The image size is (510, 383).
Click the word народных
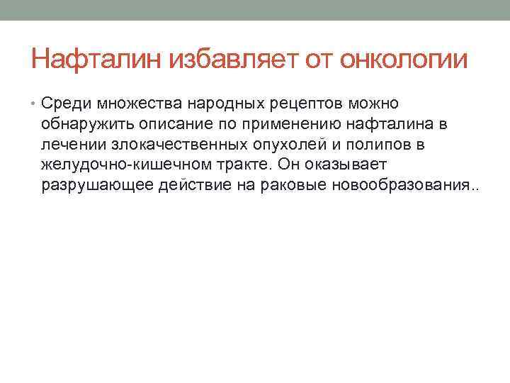pos(229,105)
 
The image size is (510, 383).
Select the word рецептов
pos(311,105)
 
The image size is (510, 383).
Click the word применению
pos(293,126)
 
